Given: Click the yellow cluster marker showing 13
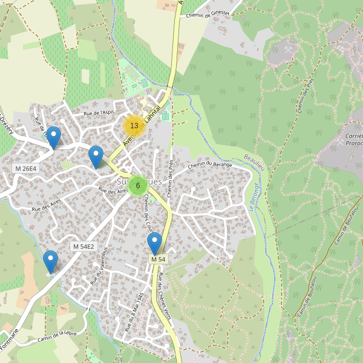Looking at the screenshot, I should pyautogui.click(x=134, y=126).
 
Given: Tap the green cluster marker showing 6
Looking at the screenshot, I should pyautogui.click(x=138, y=186).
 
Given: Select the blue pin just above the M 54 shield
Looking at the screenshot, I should pyautogui.click(x=155, y=243).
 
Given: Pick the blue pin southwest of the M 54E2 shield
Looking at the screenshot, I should pyautogui.click(x=50, y=261).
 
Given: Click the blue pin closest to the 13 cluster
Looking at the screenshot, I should pyautogui.click(x=96, y=157).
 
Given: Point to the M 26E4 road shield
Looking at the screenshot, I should pyautogui.click(x=26, y=168).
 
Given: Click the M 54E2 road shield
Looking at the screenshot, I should pyautogui.click(x=83, y=246).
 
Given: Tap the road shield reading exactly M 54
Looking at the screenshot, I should pyautogui.click(x=158, y=259).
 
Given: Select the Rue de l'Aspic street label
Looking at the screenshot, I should pyautogui.click(x=99, y=113).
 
